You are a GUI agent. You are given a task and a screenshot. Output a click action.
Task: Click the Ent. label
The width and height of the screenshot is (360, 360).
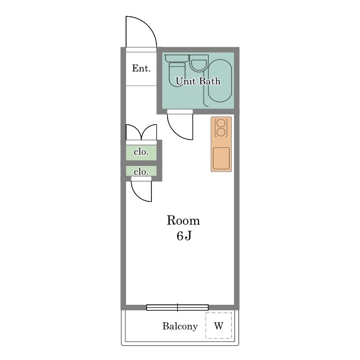tap(141, 68)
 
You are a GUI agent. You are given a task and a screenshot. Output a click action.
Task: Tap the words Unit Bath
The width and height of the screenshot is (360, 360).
tap(198, 81)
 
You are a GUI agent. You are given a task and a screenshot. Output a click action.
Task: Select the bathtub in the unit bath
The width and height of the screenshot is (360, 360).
tap(220, 80)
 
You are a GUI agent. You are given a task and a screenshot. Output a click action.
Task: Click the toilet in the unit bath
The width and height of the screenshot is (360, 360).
tap(177, 71)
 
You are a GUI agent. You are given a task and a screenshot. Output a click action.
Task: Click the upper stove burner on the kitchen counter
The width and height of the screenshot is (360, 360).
tap(220, 123)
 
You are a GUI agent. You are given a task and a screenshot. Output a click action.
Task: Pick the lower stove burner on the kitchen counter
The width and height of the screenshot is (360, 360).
tap(220, 132)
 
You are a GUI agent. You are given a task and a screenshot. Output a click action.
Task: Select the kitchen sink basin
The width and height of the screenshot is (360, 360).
tap(221, 159)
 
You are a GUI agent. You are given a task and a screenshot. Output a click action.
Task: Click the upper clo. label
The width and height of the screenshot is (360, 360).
tap(141, 152)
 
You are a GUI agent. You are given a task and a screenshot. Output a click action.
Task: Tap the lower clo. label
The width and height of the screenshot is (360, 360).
tap(141, 172)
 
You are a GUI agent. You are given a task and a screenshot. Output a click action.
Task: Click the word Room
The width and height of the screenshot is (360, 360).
tap(183, 220)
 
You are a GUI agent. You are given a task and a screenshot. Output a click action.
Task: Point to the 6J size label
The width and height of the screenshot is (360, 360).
tap(184, 236)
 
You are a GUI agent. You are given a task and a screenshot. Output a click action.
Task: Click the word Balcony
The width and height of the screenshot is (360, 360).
tap(180, 326)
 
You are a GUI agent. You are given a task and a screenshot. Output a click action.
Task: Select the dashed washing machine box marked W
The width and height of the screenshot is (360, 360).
tap(219, 325)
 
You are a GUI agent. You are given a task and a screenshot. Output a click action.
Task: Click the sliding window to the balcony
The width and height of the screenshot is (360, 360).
tap(178, 307)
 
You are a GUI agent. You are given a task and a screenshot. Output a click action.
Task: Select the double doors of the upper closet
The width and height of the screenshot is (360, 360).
tap(141, 133)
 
